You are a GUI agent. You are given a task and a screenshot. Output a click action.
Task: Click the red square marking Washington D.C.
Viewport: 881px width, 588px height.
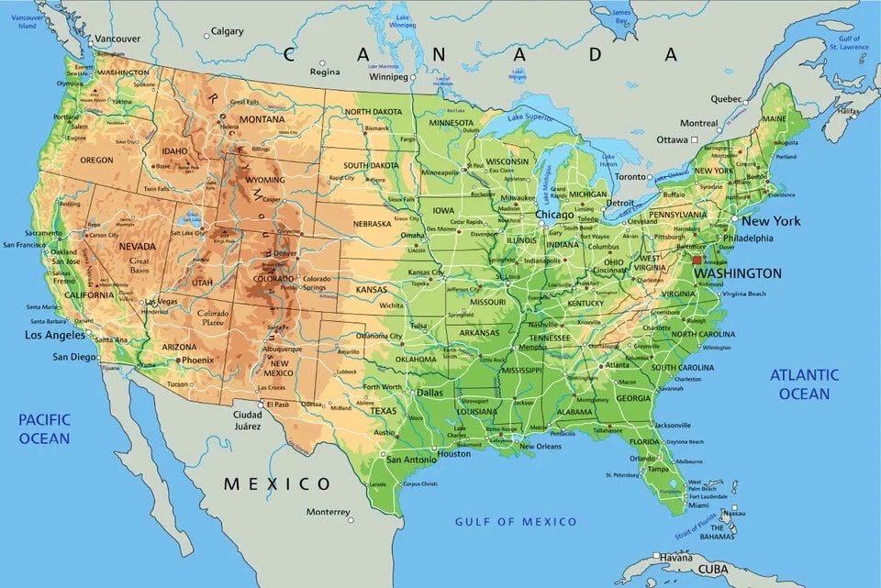click(697, 260)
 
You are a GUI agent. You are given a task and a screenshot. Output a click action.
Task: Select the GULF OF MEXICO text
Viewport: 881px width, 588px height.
click(516, 522)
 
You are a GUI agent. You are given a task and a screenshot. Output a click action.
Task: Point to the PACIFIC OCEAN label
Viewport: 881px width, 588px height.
click(44, 428)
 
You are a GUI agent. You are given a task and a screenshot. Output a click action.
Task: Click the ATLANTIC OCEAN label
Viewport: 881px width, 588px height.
click(804, 383)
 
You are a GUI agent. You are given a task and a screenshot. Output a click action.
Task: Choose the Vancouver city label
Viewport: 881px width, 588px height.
click(117, 39)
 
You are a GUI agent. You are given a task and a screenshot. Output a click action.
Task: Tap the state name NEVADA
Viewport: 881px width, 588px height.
click(137, 247)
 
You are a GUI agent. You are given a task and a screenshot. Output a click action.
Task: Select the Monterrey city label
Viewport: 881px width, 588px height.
click(329, 512)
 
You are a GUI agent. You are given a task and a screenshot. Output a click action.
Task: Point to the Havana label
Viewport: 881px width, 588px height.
click(676, 558)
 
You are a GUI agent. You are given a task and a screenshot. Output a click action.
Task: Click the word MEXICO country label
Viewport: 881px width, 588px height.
click(278, 483)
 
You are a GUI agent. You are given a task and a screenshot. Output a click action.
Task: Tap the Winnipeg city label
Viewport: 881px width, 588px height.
click(388, 77)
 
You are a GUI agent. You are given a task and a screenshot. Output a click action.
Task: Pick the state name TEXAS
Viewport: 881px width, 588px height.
click(383, 411)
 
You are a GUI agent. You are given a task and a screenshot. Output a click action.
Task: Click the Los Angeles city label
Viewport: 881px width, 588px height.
click(54, 335)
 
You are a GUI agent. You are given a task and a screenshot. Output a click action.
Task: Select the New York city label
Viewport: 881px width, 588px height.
click(771, 221)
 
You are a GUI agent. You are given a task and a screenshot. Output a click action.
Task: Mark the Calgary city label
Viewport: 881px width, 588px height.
click(227, 31)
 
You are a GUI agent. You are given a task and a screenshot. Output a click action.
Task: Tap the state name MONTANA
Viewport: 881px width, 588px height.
click(262, 119)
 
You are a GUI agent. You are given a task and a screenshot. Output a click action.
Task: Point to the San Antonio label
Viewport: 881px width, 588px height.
click(410, 460)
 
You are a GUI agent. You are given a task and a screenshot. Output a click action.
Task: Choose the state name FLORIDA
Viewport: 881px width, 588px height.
click(644, 441)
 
